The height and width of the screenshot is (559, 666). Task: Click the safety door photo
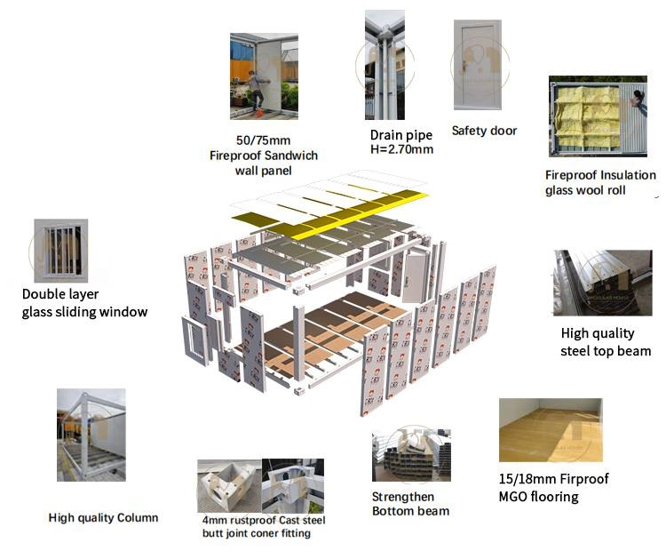click(x=477, y=66)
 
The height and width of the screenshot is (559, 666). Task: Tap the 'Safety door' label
click(x=484, y=131)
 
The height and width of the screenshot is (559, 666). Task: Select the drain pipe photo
click(x=385, y=64)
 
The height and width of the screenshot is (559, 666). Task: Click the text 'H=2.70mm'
click(x=401, y=149)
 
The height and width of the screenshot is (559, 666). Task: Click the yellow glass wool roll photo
click(x=598, y=116)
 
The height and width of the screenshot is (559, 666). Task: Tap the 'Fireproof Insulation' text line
click(x=600, y=175)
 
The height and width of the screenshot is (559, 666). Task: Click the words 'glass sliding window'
click(x=85, y=312)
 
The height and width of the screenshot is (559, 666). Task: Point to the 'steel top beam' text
click(x=606, y=351)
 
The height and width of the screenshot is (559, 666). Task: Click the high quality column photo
click(x=91, y=435)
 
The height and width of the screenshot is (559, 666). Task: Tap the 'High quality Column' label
click(x=103, y=517)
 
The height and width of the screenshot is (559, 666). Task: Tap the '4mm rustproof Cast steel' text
click(x=264, y=520)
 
